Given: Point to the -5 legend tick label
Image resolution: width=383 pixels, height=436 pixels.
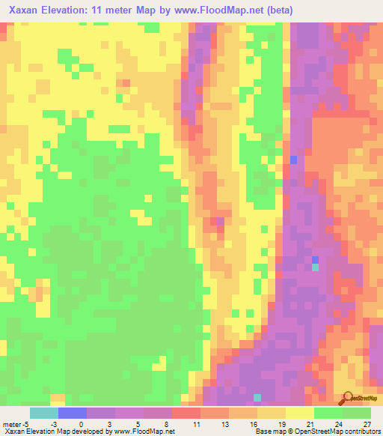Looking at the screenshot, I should (27, 424).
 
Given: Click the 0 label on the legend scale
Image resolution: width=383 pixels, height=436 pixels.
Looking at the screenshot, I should (81, 424).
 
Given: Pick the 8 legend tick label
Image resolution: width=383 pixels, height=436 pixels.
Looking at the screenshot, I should (169, 424).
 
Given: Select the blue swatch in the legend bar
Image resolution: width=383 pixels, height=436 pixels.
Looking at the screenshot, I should (72, 413).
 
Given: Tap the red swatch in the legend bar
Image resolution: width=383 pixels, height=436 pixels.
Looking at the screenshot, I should (186, 413).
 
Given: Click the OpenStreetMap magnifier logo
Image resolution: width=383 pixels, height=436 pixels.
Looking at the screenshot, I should (346, 398).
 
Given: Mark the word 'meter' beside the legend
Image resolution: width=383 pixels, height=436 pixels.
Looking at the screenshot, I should (11, 424).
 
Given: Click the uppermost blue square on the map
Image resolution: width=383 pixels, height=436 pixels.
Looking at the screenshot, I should (294, 160).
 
